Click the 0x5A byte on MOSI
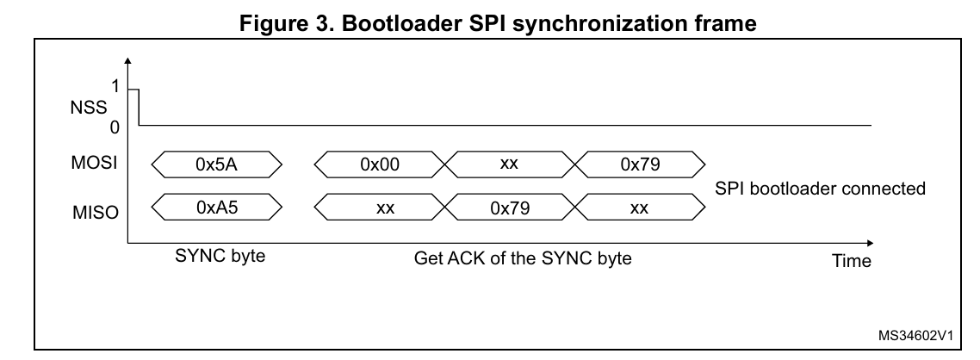pos(216,164)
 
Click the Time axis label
pos(852,260)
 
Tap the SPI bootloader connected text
pos(821,189)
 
